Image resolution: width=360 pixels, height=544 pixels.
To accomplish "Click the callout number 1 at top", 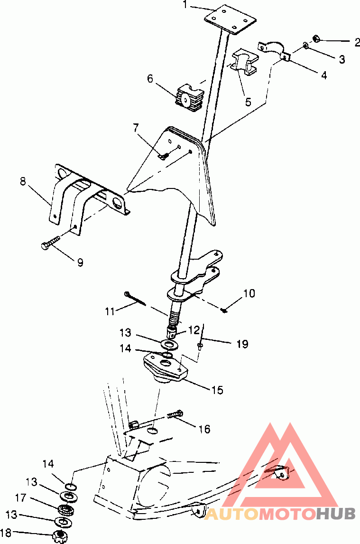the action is pyautogui.click(x=185, y=5).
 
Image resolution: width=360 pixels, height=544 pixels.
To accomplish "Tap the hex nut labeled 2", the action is pyautogui.click(x=316, y=38).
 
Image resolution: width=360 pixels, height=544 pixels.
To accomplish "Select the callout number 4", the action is pyautogui.click(x=323, y=75).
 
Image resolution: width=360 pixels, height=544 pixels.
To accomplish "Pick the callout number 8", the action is pyautogui.click(x=23, y=181).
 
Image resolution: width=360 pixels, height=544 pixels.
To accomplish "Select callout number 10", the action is pyautogui.click(x=249, y=293).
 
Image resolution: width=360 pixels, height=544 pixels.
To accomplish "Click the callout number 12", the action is pyautogui.click(x=194, y=329).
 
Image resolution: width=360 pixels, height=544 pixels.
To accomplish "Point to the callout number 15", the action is pyautogui.click(x=217, y=390).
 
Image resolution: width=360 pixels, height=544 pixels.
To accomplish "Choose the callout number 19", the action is pyautogui.click(x=242, y=344).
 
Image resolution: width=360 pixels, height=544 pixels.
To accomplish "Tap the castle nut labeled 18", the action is pyautogui.click(x=59, y=536).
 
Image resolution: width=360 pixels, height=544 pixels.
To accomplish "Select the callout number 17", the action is pyautogui.click(x=20, y=498).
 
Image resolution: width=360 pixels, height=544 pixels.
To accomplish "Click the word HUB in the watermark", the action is pyautogui.click(x=335, y=514).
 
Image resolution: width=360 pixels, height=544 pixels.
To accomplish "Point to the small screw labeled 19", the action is pyautogui.click(x=200, y=346).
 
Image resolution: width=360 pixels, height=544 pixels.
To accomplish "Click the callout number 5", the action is pyautogui.click(x=248, y=103).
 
